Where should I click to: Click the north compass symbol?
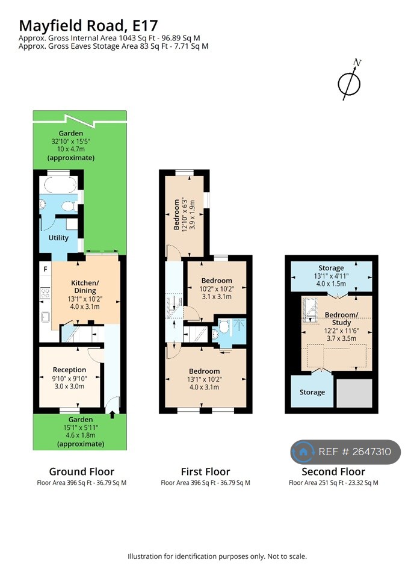349,81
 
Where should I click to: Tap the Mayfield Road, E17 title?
88,26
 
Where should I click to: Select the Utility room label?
58,238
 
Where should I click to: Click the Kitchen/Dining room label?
85,287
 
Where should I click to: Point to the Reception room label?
69,370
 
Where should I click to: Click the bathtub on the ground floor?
58,184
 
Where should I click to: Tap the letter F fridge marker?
45,269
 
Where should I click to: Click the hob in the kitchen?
45,293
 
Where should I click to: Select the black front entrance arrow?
112,415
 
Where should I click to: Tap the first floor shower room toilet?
224,326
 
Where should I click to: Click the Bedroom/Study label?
341,319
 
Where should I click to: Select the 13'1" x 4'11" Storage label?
331,276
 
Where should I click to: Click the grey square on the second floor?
354,393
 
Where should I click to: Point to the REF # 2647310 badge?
345,452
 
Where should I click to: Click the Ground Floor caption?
81,472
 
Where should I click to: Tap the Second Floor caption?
333,472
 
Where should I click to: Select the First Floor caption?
205,472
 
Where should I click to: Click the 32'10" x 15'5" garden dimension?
71,141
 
